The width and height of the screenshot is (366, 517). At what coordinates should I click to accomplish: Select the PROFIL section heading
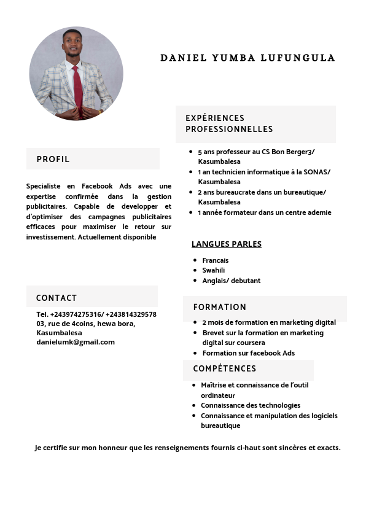click(53, 159)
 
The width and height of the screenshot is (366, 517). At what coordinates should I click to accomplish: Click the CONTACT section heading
click(56, 298)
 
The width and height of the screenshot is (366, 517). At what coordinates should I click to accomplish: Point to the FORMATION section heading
click(219, 307)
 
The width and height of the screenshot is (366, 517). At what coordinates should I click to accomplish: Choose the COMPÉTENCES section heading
click(224, 368)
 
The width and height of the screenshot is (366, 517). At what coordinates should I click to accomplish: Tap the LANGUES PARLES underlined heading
click(226, 244)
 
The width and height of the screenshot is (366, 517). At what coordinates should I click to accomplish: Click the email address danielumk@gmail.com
click(76, 342)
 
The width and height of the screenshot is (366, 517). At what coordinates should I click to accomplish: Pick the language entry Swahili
click(214, 270)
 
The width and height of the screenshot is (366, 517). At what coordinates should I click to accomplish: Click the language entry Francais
click(215, 260)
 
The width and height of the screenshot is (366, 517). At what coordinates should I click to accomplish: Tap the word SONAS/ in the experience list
click(316, 172)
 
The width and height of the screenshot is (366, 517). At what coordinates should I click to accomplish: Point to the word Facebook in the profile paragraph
click(98, 186)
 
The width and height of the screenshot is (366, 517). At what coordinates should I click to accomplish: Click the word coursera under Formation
click(251, 343)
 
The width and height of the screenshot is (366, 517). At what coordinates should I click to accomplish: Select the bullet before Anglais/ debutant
click(195, 281)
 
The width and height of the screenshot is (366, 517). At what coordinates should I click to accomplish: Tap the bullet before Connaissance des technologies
click(193, 405)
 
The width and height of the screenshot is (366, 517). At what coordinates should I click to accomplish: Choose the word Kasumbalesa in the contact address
click(59, 333)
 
